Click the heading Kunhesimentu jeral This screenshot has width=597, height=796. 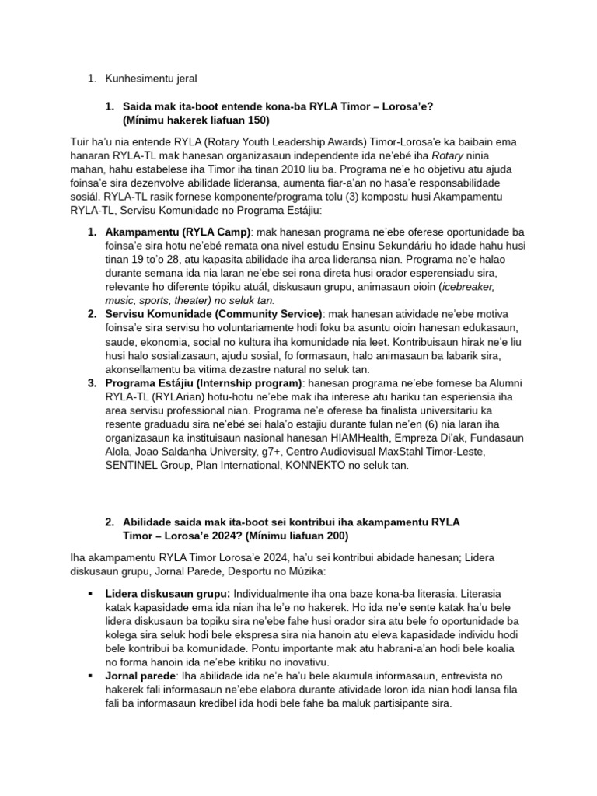click(152, 78)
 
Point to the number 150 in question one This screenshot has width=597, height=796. click(259, 120)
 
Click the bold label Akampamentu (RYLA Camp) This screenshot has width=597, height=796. click(178, 232)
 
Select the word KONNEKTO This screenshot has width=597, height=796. click(337, 466)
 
